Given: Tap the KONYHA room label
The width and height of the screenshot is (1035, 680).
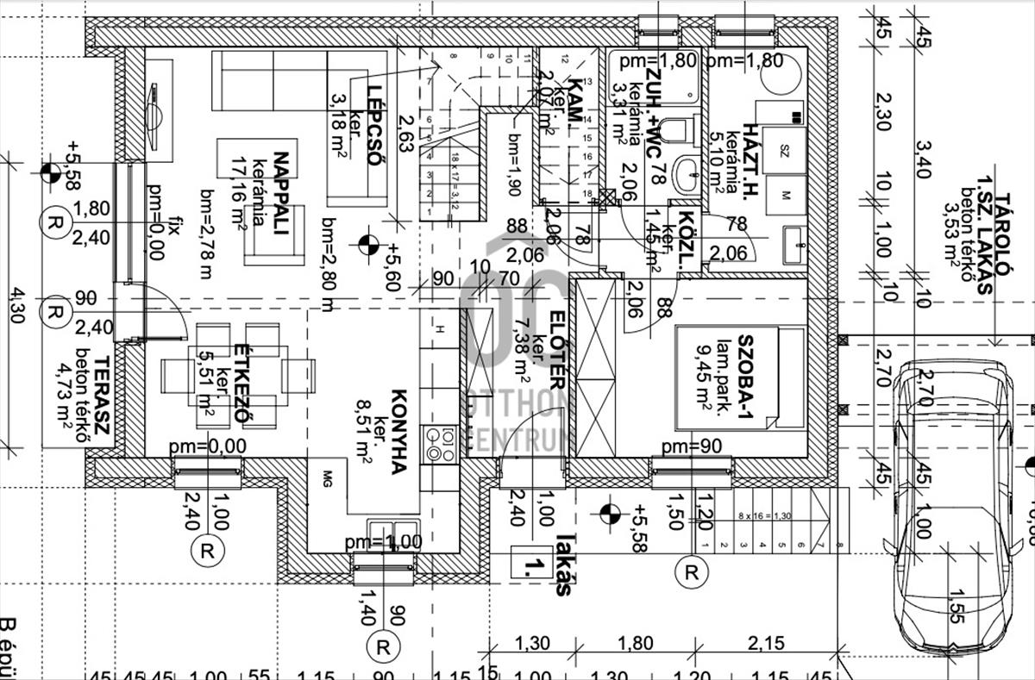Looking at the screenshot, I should pyautogui.click(x=398, y=431).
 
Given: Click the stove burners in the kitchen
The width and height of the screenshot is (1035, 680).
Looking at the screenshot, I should pyautogui.click(x=441, y=446).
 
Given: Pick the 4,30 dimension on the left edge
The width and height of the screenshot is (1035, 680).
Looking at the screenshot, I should pyautogui.click(x=16, y=305).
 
